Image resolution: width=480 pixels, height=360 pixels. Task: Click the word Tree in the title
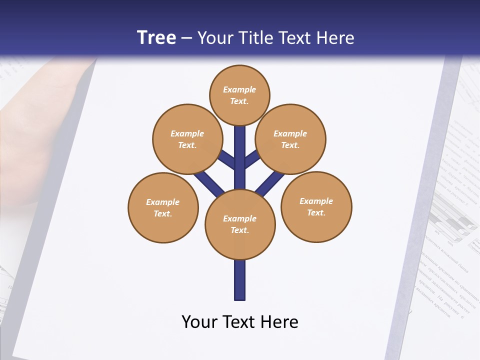tap(156, 38)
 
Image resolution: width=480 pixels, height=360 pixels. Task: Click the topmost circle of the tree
tap(239, 95)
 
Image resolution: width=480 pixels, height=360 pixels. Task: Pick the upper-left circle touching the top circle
tap(187, 139)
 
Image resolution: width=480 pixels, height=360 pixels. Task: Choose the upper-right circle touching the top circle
tap(290, 139)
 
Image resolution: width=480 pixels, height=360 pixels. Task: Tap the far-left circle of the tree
tap(163, 207)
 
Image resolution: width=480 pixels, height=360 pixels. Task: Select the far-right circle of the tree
tap(316, 206)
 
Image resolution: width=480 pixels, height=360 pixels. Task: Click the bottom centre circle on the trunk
tap(240, 224)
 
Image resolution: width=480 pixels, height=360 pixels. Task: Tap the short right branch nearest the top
tap(251, 159)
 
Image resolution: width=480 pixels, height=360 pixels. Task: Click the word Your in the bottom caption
tap(199, 322)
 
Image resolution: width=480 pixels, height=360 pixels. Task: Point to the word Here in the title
tap(335, 38)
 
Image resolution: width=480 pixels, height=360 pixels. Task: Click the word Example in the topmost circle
tap(239, 90)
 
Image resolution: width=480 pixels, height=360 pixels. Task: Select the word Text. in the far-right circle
tap(316, 213)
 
